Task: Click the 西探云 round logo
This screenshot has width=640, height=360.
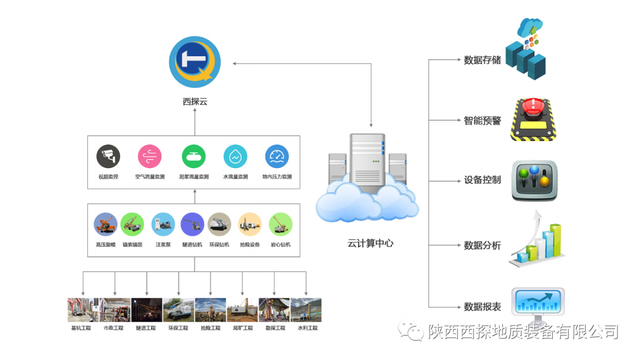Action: click(x=194, y=62)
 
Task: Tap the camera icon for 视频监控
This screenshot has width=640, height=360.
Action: click(x=108, y=157)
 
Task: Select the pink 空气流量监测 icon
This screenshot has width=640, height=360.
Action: click(x=150, y=157)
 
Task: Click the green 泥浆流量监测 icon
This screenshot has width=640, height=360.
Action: click(x=193, y=157)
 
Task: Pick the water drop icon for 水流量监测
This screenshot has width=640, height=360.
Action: click(x=235, y=157)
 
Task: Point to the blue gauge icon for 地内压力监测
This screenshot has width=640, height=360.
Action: click(x=277, y=157)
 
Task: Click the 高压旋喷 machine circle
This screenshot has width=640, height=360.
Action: click(x=106, y=225)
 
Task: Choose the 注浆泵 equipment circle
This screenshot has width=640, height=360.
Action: click(x=163, y=225)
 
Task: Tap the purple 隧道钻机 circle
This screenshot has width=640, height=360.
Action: click(x=193, y=225)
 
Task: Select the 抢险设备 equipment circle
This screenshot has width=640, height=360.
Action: click(x=250, y=225)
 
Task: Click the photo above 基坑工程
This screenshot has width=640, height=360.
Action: click(x=83, y=310)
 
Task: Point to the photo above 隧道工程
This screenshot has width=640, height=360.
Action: click(x=147, y=310)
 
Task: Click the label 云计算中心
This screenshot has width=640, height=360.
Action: click(x=370, y=243)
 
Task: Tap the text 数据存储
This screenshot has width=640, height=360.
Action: click(x=482, y=60)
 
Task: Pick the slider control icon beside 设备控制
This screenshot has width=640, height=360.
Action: click(x=534, y=181)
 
